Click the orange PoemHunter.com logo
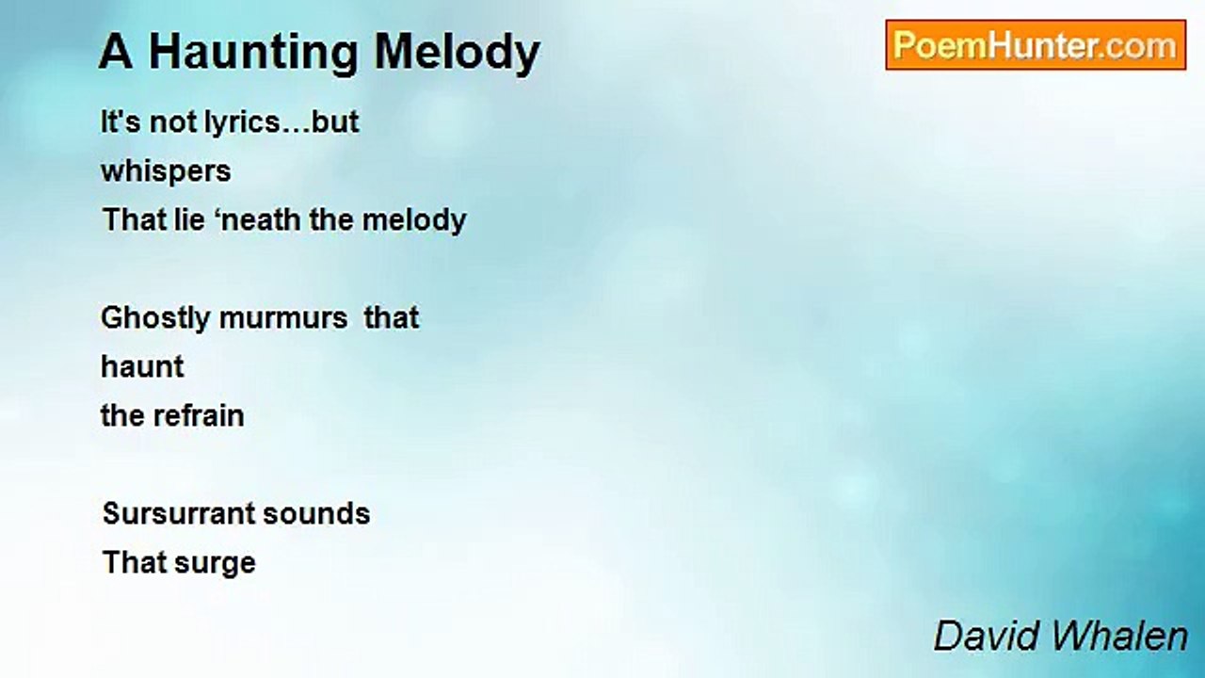(x=1036, y=45)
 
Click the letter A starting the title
(x=116, y=52)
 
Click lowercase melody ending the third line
(x=414, y=221)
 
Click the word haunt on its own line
(x=142, y=367)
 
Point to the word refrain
(x=199, y=416)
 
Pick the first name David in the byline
(x=987, y=637)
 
